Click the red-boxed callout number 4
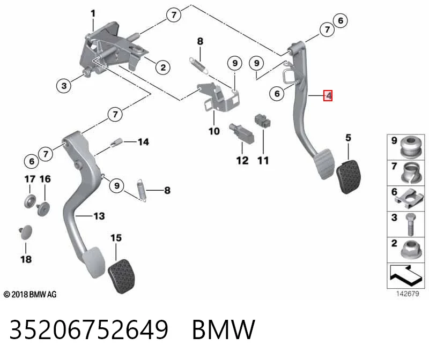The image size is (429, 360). click(x=328, y=95)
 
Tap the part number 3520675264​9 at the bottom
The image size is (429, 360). click(x=89, y=329)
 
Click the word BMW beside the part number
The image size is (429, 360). click(x=224, y=329)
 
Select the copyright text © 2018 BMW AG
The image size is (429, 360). click(x=30, y=295)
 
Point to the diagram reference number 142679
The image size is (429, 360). click(x=408, y=294)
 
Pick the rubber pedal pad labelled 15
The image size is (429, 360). click(x=121, y=276)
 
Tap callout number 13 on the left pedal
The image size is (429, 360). click(x=99, y=216)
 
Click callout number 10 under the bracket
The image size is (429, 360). click(x=214, y=131)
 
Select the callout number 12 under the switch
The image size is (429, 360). click(x=242, y=161)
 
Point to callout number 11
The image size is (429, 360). click(x=263, y=161)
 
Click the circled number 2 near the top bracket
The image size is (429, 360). click(x=163, y=67)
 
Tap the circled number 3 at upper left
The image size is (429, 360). click(x=64, y=86)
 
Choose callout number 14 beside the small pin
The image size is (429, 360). click(x=143, y=142)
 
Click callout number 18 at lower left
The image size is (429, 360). click(x=26, y=259)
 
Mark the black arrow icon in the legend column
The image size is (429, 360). click(x=405, y=275)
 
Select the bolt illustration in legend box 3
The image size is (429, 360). click(x=410, y=224)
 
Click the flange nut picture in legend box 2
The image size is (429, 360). click(x=411, y=249)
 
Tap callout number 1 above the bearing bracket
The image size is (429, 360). click(x=93, y=13)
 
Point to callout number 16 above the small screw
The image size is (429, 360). click(x=45, y=179)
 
